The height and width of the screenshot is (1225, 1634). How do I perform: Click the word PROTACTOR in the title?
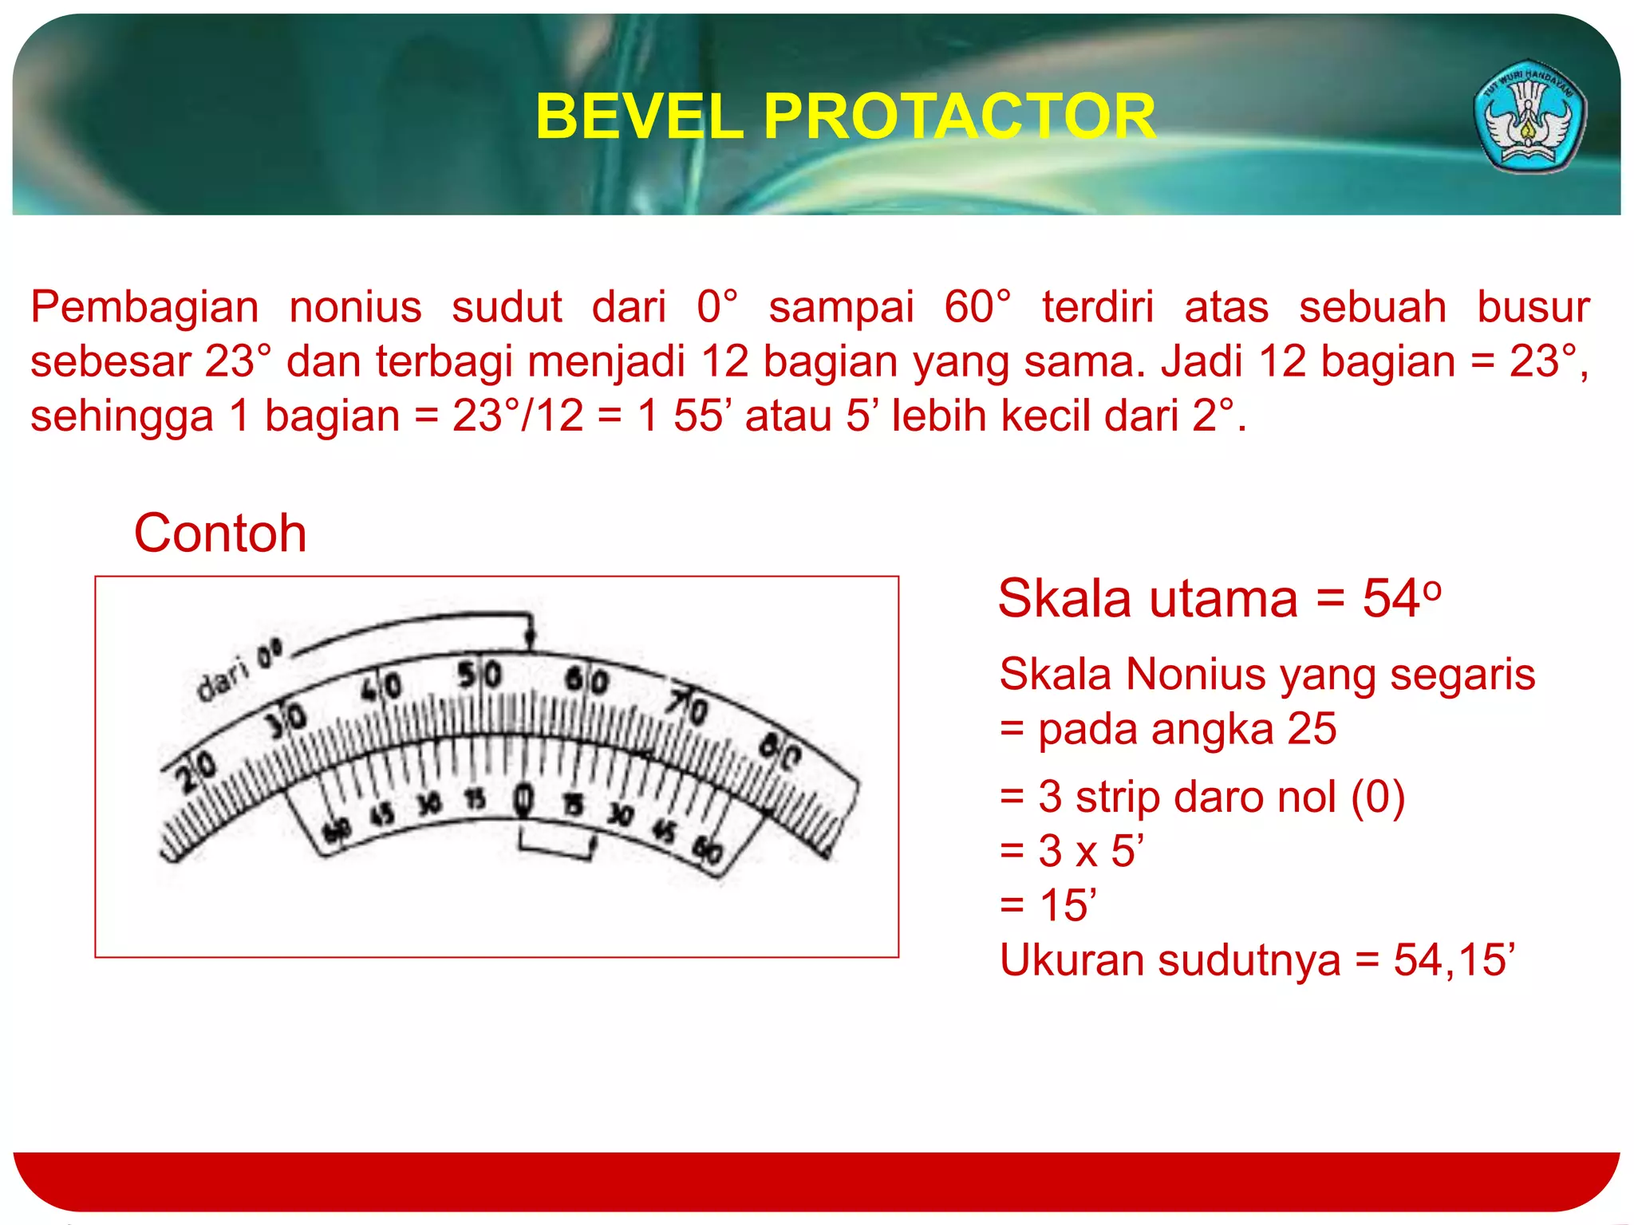[x=960, y=116]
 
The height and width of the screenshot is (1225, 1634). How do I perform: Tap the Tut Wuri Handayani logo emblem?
[x=1529, y=116]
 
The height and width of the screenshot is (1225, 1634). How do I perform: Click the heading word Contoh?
[x=220, y=533]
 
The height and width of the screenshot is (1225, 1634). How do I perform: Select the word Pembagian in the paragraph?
[x=144, y=307]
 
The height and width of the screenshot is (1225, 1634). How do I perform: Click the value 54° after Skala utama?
[x=1402, y=598]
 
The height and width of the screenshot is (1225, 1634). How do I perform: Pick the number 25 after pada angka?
[x=1312, y=728]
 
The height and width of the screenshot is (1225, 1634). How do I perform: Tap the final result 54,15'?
[x=1454, y=959]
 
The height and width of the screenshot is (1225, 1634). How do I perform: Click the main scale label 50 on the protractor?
[x=480, y=675]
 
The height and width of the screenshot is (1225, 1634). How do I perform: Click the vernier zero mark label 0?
[x=523, y=799]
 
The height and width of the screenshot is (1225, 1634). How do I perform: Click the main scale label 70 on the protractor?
[x=688, y=706]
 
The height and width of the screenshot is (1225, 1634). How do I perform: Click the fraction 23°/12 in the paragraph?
[x=518, y=416]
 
